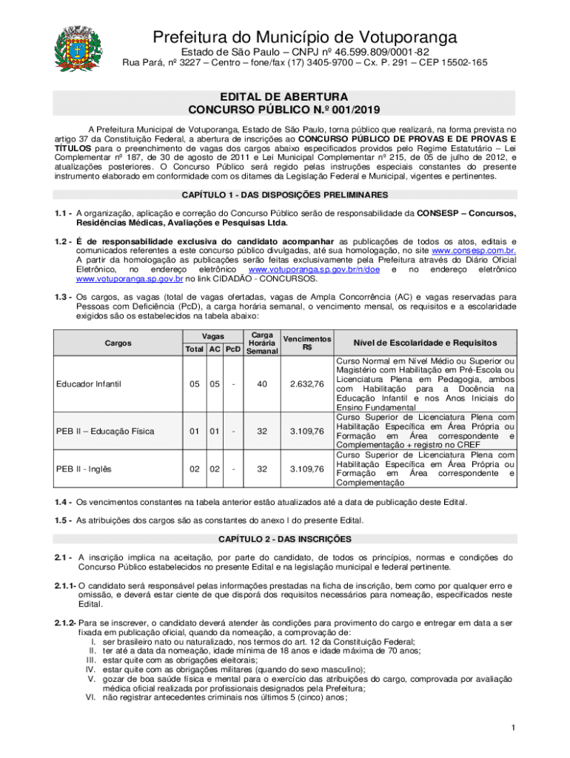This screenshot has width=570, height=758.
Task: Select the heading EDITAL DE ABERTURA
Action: point(284,97)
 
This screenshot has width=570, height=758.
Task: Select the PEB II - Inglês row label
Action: point(83,469)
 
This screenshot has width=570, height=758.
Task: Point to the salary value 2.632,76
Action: point(307,383)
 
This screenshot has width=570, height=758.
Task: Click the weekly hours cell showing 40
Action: point(262,383)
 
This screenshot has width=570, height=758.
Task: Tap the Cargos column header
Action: point(118,343)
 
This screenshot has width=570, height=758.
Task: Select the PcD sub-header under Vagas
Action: point(233,349)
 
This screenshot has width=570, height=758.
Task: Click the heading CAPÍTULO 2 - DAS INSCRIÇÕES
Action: point(285,538)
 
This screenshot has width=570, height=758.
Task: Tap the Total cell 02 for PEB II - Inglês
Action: point(193,469)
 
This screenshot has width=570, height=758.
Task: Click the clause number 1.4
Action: point(62,502)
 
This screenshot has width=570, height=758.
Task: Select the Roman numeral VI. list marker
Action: point(91,696)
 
